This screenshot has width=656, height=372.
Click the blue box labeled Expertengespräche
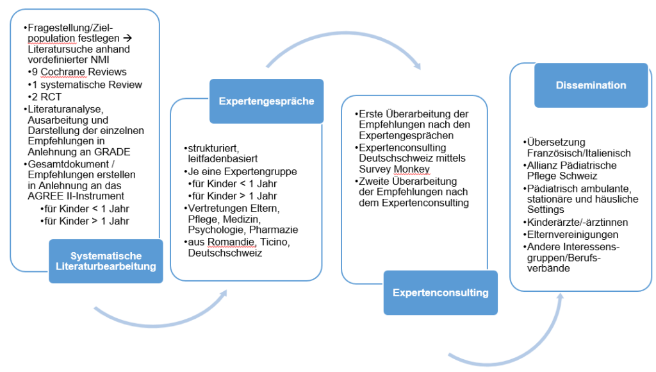266,101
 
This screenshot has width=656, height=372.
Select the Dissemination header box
591,85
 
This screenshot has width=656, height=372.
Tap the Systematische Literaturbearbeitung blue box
106,261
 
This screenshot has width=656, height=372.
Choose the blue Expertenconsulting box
441,292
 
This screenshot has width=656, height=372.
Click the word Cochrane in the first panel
60,72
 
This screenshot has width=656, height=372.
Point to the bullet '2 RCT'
45,97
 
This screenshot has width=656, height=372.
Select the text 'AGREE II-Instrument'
76,196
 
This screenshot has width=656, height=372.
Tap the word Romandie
231,242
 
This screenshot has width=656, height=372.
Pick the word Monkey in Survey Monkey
412,169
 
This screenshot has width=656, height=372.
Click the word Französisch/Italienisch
579,153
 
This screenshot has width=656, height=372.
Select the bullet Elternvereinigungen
571,235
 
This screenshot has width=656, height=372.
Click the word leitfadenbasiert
223,159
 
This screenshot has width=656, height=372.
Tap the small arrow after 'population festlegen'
127,38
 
